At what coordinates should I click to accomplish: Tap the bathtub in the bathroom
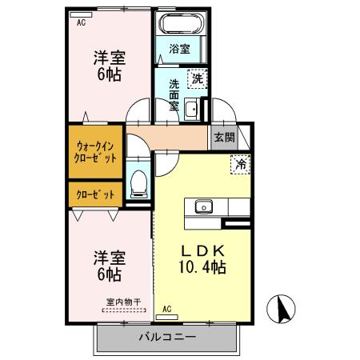[x=181, y=24]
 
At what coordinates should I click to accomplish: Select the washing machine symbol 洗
[x=197, y=78]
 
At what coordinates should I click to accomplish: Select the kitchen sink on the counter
[x=202, y=206]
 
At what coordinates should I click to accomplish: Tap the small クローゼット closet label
[x=95, y=194]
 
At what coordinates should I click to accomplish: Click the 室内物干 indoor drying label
[x=123, y=302]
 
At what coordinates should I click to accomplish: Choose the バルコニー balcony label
[x=167, y=337]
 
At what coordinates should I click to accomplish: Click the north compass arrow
[x=282, y=309]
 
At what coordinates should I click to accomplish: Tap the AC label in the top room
[x=81, y=23]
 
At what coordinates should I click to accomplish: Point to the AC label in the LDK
[x=167, y=309]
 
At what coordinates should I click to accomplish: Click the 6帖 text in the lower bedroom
[x=108, y=274]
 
